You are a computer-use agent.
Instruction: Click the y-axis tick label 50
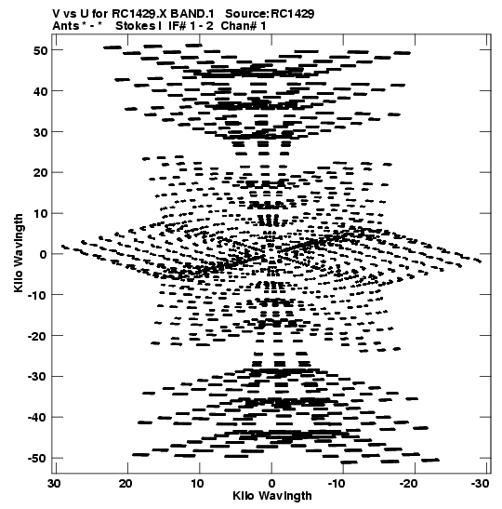41,50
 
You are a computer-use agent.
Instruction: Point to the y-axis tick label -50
37,459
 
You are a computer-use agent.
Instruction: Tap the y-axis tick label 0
44,255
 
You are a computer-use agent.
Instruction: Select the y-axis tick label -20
37,336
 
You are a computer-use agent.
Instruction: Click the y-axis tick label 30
41,132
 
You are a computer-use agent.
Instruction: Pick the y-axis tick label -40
37,418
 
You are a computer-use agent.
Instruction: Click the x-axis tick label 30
54,484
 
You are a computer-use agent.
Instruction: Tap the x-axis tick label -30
480,484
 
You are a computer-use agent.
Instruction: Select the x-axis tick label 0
271,484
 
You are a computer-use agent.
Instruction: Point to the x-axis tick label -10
337,484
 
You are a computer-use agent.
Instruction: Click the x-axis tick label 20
125,484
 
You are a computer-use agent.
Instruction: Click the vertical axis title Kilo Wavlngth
19,253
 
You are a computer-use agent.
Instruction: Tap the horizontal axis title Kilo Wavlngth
272,496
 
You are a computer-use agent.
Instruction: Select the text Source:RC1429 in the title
270,14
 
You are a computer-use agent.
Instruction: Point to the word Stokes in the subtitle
136,26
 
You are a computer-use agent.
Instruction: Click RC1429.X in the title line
139,14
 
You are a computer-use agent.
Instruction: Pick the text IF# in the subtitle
178,26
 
